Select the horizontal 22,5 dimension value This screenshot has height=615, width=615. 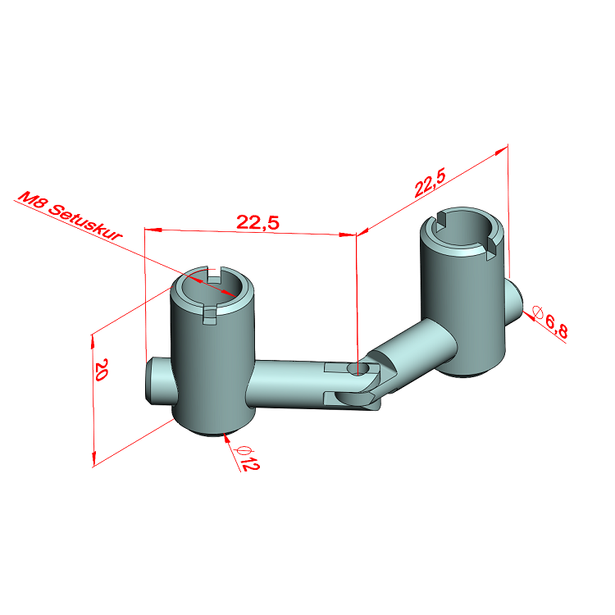[x=257, y=222]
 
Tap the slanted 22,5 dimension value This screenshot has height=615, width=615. [x=430, y=182]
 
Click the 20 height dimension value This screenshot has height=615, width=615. [x=100, y=370]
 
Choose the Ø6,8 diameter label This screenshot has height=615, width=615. [x=550, y=321]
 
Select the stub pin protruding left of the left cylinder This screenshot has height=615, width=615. [x=157, y=381]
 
